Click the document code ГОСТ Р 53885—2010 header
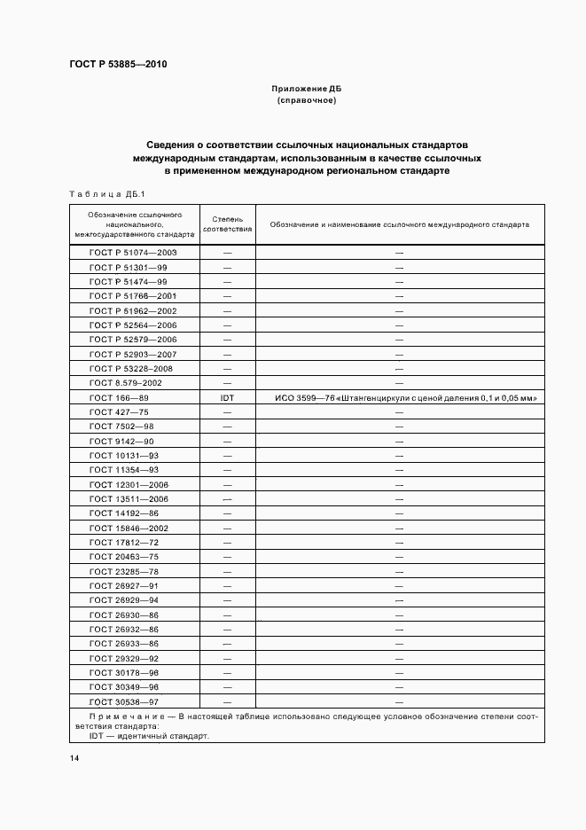coord(117,65)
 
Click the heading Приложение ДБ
coord(306,89)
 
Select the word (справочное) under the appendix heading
coord(306,100)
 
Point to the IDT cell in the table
coord(227,397)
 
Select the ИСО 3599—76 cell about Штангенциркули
coord(400,397)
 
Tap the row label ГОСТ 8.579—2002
coord(125,383)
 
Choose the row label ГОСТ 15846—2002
coord(129,529)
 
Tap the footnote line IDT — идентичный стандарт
coord(149,736)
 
